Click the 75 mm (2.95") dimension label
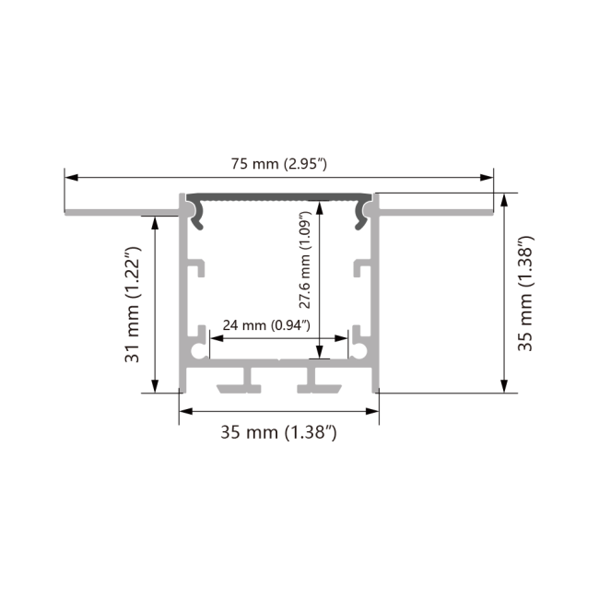(x=277, y=165)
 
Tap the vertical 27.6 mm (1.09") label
(x=308, y=262)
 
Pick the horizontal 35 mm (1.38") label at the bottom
(x=277, y=431)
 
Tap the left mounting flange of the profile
(x=120, y=212)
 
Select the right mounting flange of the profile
(x=433, y=212)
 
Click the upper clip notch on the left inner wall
(x=197, y=269)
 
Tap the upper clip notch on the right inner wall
(x=359, y=269)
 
